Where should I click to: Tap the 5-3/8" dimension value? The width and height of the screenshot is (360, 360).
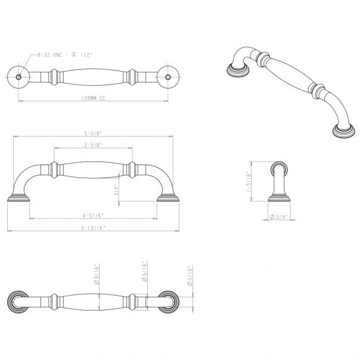coord(93,134)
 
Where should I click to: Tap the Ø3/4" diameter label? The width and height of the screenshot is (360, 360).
coord(277,216)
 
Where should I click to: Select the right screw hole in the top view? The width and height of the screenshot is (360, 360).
coord(170,77)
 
